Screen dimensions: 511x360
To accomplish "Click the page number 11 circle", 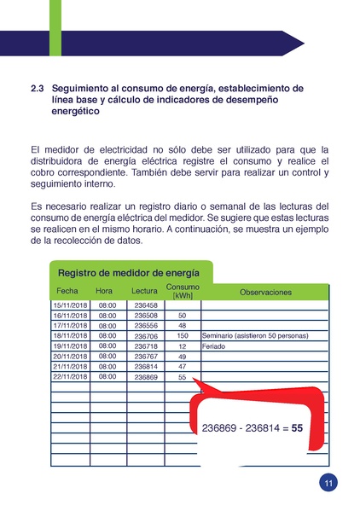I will click(328, 483).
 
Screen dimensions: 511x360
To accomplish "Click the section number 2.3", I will click(37, 88).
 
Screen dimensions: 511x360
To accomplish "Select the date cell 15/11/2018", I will click(71, 305).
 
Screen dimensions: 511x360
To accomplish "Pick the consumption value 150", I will click(182, 336).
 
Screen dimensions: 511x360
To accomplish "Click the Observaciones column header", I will click(265, 292).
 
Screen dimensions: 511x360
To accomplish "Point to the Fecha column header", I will click(67, 292).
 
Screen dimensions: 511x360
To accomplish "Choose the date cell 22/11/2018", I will click(71, 376).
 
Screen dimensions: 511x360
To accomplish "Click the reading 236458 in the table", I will click(146, 305).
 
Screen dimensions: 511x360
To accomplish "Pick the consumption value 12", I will click(182, 346).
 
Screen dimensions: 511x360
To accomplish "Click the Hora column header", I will click(104, 292).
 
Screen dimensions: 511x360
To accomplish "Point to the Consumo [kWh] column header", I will click(183, 290).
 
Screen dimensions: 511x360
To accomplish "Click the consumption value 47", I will click(182, 366).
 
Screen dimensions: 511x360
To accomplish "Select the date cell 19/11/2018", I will click(71, 346).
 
